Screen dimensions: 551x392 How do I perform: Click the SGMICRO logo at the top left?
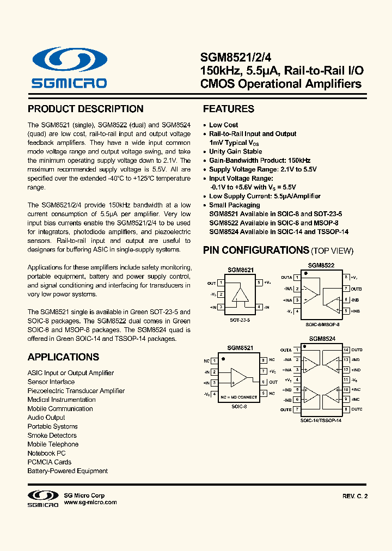pos(69,69)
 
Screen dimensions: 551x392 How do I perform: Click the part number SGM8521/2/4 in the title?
pos(232,57)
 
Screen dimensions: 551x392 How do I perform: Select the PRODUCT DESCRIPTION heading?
pos(85,109)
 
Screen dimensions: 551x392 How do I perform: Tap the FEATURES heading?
pos(229,109)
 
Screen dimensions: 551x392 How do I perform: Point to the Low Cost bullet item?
pos(223,125)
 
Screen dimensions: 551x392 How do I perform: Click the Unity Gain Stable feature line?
pos(235,151)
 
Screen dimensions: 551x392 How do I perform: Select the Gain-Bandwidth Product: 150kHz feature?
pos(260,161)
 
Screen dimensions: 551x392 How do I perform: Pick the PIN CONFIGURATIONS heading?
pos(256,250)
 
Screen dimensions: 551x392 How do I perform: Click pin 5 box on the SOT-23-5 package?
pos(259,283)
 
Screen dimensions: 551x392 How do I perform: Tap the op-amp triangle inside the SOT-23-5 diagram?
pos(240,295)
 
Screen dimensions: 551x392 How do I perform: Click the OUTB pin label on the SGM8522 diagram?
pos(357,289)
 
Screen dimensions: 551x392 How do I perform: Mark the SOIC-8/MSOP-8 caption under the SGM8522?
pos(322,324)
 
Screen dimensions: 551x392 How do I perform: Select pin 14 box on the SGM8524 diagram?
pos(346,350)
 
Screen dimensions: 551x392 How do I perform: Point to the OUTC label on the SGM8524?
pos(357,409)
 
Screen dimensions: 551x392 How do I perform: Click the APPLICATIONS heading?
pos(63,357)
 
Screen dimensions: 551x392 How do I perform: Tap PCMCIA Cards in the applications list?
pos(50,462)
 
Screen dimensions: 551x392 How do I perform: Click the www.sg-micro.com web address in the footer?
pos(90,503)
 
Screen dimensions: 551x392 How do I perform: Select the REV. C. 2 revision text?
pos(355,496)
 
